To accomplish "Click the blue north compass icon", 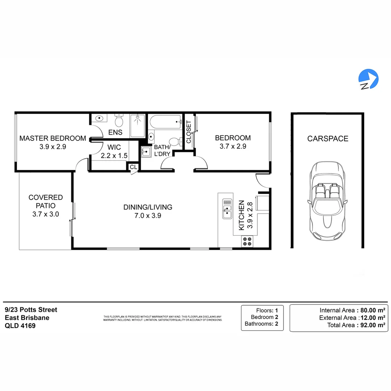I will (x=368, y=79).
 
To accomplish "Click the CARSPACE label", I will (x=328, y=139).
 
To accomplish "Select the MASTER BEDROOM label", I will (x=52, y=138).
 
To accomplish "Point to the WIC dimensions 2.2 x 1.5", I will (x=114, y=155).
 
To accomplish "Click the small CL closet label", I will (x=133, y=167).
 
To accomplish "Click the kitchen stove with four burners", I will (x=248, y=241).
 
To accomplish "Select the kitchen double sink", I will (x=227, y=209).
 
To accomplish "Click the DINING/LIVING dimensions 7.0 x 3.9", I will (x=147, y=215).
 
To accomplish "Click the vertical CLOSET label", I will (x=188, y=132).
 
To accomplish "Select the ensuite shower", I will (x=138, y=126).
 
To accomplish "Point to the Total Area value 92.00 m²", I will (x=371, y=325).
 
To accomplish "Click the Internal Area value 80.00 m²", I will (x=371, y=310).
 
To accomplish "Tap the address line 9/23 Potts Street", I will (x=31, y=310).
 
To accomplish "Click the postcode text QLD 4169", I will (x=20, y=325).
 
